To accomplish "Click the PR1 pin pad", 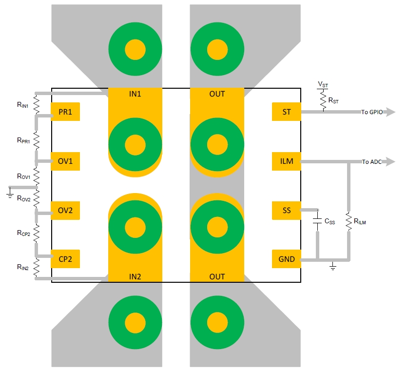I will (x=65, y=112).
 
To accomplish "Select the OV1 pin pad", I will (x=65, y=161).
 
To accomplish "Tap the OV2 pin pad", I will (x=65, y=210).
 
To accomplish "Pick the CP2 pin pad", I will (x=65, y=259).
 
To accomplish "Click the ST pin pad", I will (x=287, y=112).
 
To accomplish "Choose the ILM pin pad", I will (x=287, y=161).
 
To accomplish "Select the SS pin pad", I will (x=287, y=210).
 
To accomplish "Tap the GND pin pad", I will (x=287, y=259).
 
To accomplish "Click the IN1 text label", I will (x=135, y=94).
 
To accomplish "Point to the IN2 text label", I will (x=135, y=276).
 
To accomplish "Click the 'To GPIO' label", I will (x=371, y=112).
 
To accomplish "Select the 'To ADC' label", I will (x=372, y=161).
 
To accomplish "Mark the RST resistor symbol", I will (x=322, y=101).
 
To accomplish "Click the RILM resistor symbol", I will (x=349, y=221).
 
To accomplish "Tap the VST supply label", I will (x=323, y=84).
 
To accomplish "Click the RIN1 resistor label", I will (x=22, y=104).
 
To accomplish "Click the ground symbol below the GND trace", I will (x=332, y=267).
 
